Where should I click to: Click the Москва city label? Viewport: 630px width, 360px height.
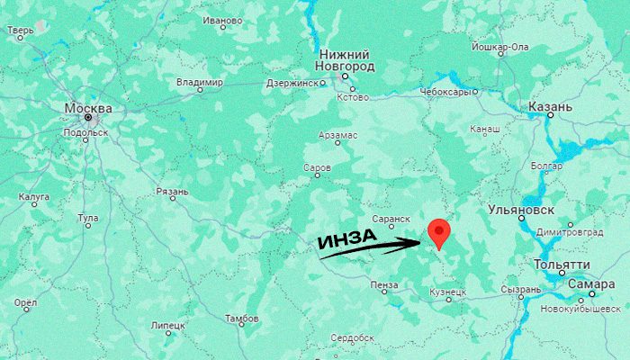coord(87,108)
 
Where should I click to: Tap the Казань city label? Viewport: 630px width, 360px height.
coord(549,107)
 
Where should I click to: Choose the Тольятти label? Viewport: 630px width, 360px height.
coord(562,265)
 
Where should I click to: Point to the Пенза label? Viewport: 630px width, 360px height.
coord(384,284)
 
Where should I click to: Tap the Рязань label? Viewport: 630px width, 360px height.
coord(172,191)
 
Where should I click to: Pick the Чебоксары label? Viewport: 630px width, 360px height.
coord(444,91)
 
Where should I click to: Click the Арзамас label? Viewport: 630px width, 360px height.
coord(337,135)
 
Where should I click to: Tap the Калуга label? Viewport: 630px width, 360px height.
coord(34,196)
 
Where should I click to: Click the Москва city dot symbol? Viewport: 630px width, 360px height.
coord(88,118)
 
